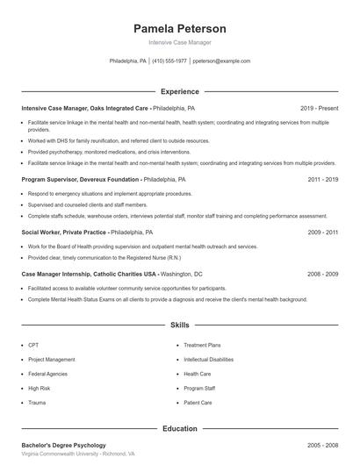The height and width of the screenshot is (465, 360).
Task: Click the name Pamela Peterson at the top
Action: [179, 28]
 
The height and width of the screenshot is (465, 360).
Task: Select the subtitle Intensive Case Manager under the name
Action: [179, 42]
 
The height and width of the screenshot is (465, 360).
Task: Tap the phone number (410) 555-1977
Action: [169, 61]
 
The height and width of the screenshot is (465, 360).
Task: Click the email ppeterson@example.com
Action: [221, 61]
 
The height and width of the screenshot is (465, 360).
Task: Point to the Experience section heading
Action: [179, 91]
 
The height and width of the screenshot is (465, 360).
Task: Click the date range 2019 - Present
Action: [319, 108]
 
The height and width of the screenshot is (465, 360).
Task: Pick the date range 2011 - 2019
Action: [322, 179]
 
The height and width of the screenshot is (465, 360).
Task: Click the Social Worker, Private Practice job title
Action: [64, 232]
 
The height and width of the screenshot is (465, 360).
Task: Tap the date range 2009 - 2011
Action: [322, 232]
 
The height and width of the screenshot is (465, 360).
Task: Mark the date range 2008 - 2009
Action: [322, 274]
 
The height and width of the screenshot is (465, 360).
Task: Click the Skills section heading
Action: [179, 325]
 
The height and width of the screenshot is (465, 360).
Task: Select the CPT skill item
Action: [33, 346]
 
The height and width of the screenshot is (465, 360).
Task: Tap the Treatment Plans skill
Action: [202, 346]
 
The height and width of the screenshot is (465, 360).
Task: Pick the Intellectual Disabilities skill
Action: [209, 360]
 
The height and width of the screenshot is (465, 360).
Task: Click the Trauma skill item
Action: [37, 402]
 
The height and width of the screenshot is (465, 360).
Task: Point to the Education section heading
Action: [179, 429]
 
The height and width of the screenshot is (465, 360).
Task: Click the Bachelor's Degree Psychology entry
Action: [63, 446]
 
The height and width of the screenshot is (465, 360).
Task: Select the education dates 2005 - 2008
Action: [322, 446]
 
